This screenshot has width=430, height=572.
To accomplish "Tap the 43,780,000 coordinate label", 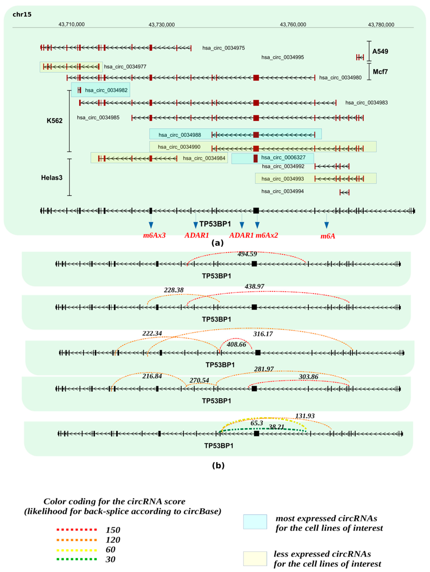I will click(x=381, y=25).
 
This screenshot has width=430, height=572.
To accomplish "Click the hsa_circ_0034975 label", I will click(x=223, y=48).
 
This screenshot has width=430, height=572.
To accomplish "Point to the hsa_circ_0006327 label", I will click(x=283, y=158).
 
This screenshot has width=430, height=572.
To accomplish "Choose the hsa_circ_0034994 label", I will click(x=282, y=191).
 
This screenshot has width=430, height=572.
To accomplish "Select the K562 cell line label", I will click(x=55, y=121).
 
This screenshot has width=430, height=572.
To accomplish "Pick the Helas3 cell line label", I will click(x=52, y=178).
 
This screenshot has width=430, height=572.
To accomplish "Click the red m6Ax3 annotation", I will click(x=154, y=235).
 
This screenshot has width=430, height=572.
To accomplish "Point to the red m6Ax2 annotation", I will click(x=267, y=235).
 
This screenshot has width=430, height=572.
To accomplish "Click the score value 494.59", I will click(x=247, y=254).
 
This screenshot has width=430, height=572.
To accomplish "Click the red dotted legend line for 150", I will click(x=77, y=530).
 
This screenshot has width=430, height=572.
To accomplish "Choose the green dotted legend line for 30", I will click(x=77, y=559).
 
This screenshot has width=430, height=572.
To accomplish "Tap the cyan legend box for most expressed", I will click(x=255, y=522).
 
